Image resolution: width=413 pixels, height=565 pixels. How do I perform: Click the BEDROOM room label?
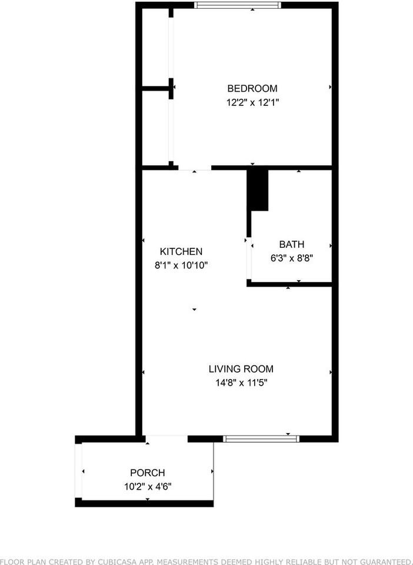point(252,89)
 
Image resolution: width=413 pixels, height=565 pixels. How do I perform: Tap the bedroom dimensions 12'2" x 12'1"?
point(252,102)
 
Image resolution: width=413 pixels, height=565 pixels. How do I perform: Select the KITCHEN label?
point(181,251)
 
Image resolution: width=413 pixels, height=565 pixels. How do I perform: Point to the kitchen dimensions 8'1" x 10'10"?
point(181,265)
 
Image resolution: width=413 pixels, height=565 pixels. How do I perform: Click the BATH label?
point(292,244)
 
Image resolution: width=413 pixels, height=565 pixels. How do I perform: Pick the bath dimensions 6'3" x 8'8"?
point(292,257)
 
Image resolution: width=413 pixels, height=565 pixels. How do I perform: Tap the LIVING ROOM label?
point(241,369)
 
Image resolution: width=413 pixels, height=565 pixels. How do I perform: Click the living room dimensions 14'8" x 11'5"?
point(241,383)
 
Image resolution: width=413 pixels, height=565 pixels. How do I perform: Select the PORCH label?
point(147,473)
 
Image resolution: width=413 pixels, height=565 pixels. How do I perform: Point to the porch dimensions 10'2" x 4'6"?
point(147,486)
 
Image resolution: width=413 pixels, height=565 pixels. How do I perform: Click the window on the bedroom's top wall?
point(238,5)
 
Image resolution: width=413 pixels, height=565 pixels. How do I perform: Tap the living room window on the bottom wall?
point(261,438)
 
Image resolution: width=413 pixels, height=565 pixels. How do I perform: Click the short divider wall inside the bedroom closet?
point(156,89)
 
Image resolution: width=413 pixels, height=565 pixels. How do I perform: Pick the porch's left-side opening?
point(78,471)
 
